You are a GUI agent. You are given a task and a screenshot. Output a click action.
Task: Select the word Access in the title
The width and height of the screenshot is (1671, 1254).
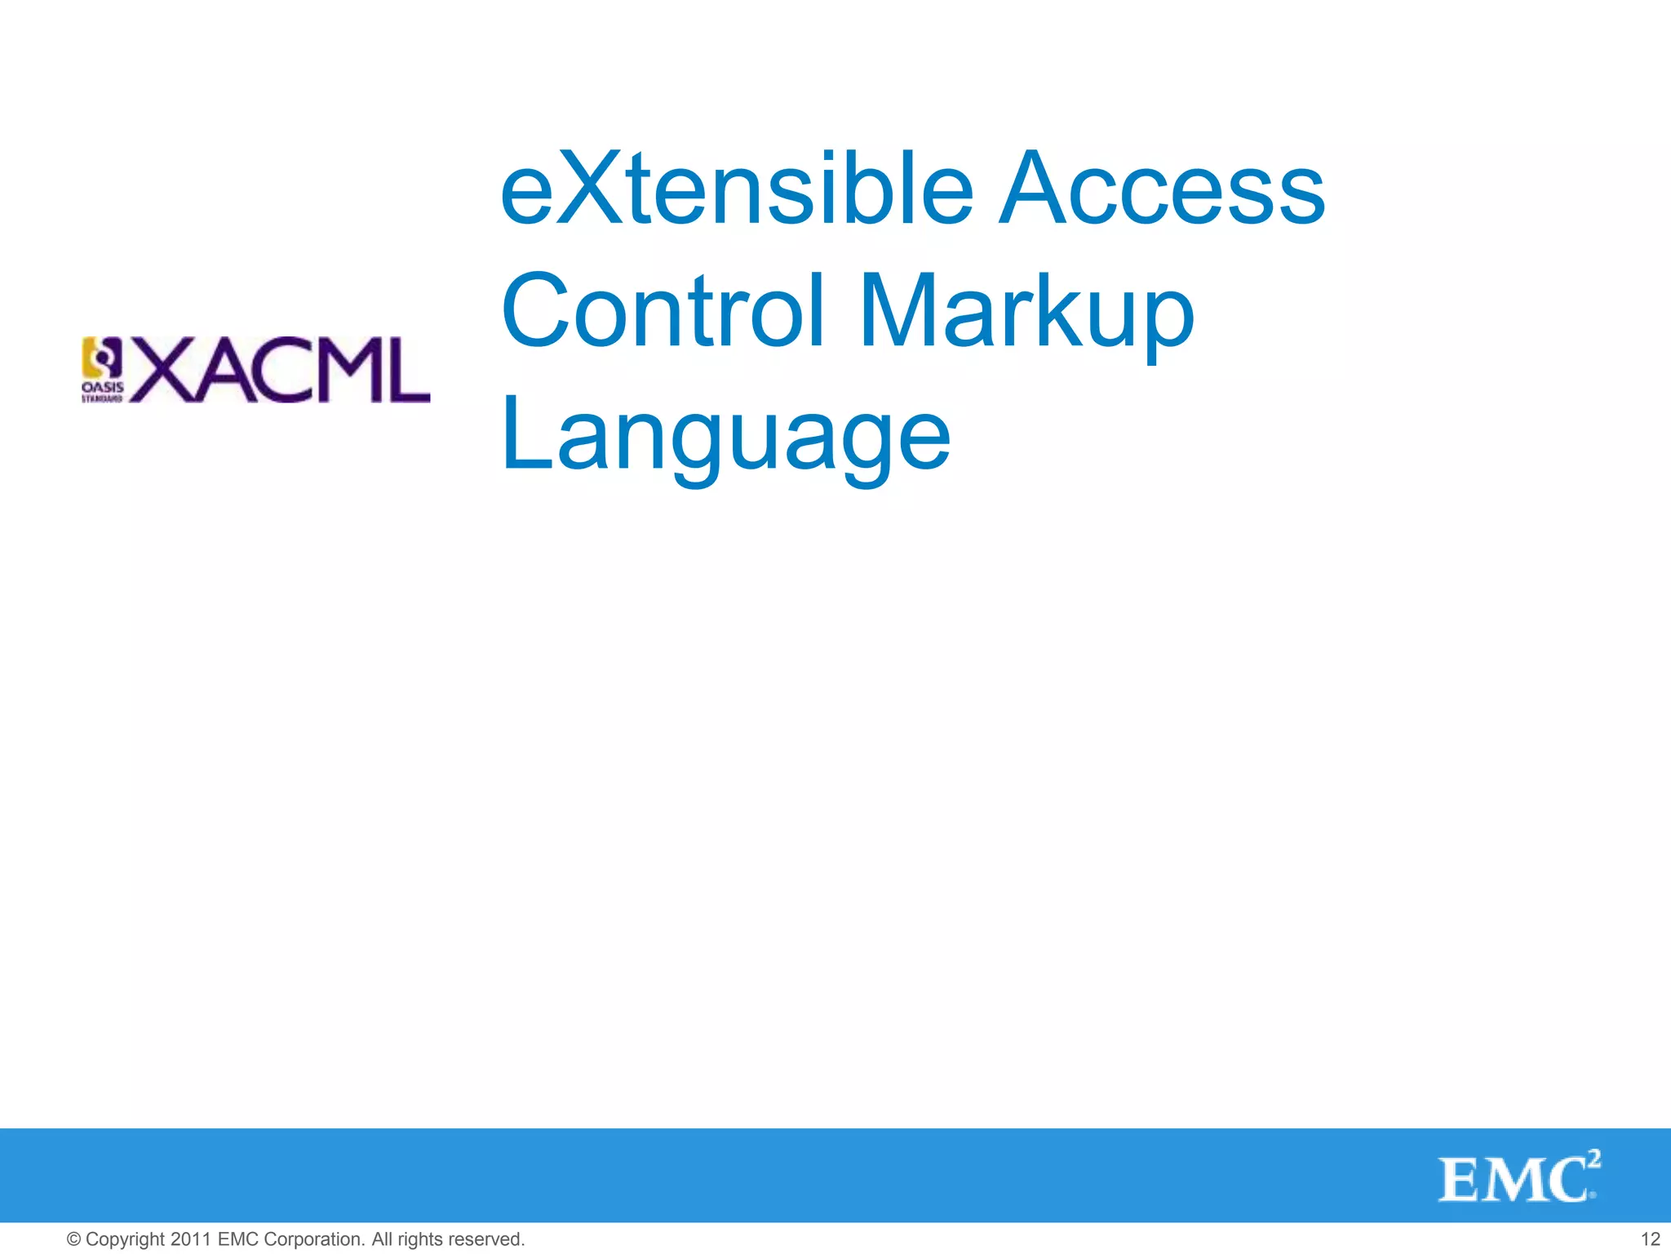click(x=1162, y=189)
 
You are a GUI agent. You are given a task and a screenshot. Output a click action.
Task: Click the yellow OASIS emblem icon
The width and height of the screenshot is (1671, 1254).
click(x=101, y=358)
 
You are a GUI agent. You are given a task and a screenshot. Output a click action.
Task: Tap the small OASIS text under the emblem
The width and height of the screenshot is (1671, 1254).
click(x=102, y=387)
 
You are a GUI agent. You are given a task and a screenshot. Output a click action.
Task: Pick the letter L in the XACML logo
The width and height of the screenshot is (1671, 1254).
click(x=407, y=369)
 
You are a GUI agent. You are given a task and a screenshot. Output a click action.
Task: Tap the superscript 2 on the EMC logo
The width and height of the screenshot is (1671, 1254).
click(x=1593, y=1158)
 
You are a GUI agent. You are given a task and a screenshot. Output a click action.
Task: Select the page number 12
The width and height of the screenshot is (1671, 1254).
click(x=1650, y=1239)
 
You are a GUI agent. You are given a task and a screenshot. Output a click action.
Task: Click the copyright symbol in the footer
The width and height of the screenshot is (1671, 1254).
click(x=73, y=1239)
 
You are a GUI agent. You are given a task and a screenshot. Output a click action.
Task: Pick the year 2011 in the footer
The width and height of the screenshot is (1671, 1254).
click(x=191, y=1239)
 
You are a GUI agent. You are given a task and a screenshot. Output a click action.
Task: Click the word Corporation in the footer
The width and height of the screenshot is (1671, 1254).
click(x=314, y=1239)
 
